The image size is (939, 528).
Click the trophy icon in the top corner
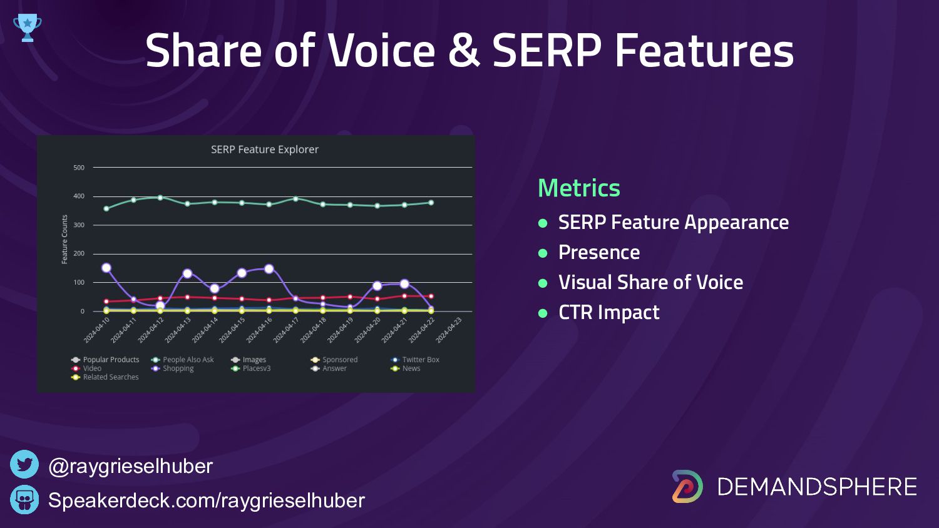pyautogui.click(x=27, y=28)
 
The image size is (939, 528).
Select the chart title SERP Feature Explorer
pyautogui.click(x=265, y=150)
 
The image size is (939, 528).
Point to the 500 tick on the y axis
pyautogui.click(x=79, y=168)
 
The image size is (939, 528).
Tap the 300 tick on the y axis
pyautogui.click(x=79, y=225)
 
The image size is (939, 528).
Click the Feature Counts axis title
pyautogui.click(x=64, y=239)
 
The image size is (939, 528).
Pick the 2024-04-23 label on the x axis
pyautogui.click(x=449, y=330)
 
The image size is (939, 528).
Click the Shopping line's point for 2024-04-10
pyautogui.click(x=106, y=268)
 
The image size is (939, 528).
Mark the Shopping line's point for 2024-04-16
pyautogui.click(x=269, y=269)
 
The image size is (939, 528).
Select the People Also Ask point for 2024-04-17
pyautogui.click(x=296, y=199)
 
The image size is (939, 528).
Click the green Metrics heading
pyautogui.click(x=579, y=188)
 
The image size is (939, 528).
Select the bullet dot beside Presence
pyautogui.click(x=543, y=253)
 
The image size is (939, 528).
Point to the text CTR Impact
pyautogui.click(x=608, y=312)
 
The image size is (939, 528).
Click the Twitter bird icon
pyautogui.click(x=24, y=465)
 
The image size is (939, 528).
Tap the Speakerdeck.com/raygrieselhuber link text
pyautogui.click(x=207, y=500)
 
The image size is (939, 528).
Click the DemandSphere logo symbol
pyautogui.click(x=687, y=486)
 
